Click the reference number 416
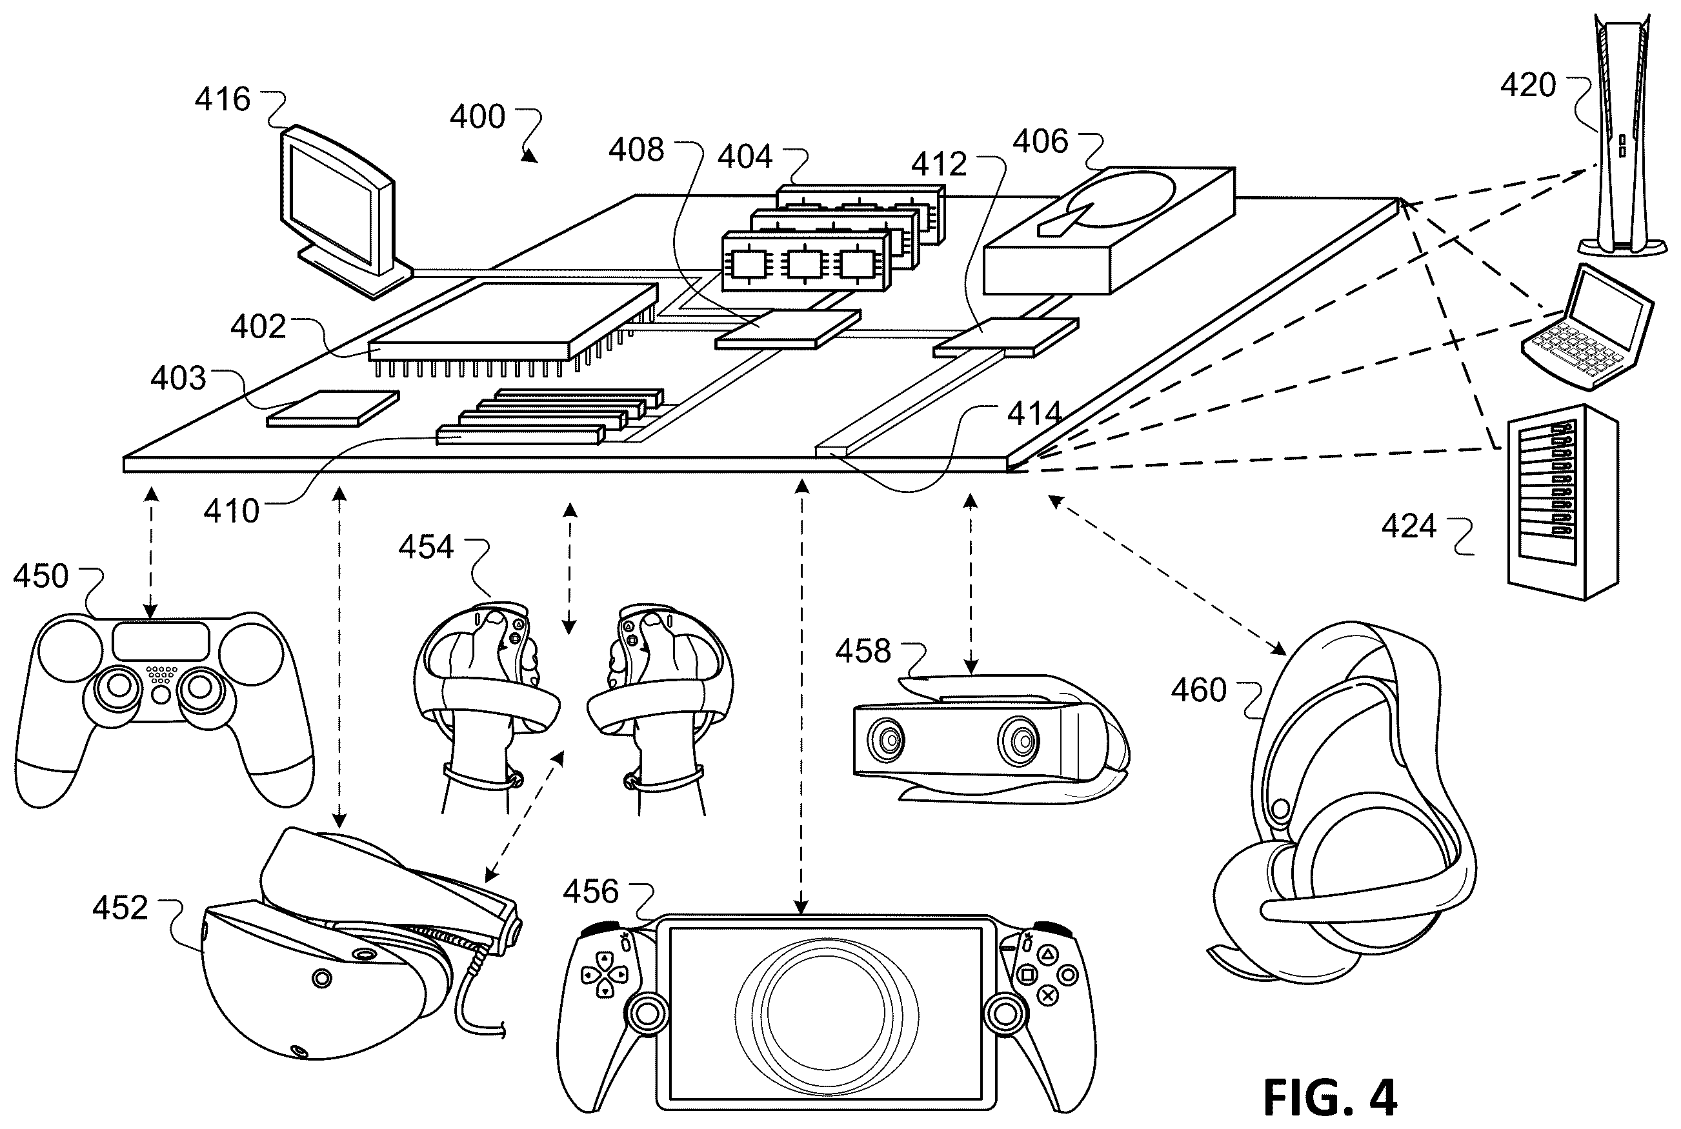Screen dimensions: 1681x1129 223,99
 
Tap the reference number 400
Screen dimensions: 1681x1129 478,117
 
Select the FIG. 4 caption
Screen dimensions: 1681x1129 1329,1097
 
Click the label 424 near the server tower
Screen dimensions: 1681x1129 1409,526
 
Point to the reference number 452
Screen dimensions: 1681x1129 120,908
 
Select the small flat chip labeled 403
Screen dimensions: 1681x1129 333,408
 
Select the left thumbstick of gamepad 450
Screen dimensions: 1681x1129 119,688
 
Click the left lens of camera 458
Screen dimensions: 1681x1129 887,741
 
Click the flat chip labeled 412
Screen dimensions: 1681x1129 1006,337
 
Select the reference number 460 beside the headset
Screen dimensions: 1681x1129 1198,690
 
